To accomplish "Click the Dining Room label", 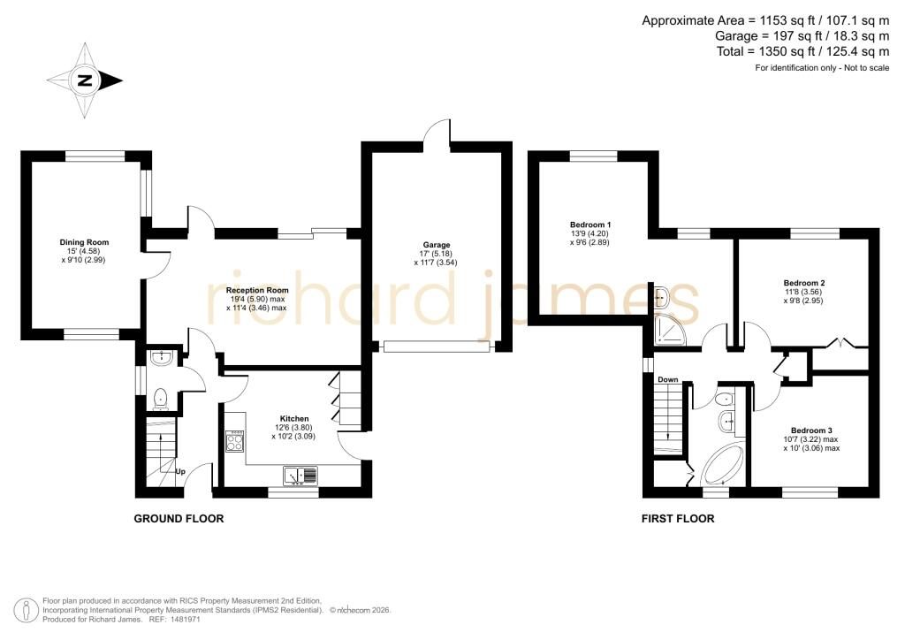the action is coord(84,242).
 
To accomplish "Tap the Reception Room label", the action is coord(257,290).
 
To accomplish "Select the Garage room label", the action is coord(436,245).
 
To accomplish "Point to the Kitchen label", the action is coord(294,419).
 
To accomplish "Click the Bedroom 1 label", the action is coord(589,225).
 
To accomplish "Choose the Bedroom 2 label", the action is coord(804,284).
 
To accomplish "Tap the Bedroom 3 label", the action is coord(811,430).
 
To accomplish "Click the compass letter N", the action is coord(86,80).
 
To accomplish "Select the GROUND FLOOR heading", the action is coord(179,519).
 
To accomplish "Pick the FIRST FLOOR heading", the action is coord(678,519).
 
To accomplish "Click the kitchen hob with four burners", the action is coord(234,441).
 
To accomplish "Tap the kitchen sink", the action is coord(300,476).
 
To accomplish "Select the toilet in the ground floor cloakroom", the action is coord(160,398).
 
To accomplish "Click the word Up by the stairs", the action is coord(180,471).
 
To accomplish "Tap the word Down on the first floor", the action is coord(668,380).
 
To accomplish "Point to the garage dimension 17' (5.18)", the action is coord(436,254).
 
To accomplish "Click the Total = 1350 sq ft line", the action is coord(802,51).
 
